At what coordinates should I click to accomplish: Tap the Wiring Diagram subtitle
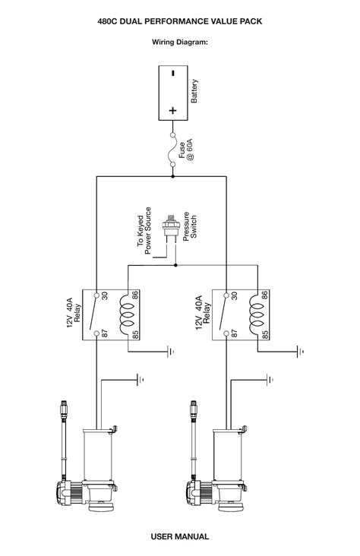pos(179,43)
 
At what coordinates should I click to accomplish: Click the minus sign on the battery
pos(172,74)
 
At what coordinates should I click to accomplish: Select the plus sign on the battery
pos(172,109)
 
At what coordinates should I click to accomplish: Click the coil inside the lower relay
pos(256,313)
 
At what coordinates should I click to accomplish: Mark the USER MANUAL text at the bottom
pos(179,536)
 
